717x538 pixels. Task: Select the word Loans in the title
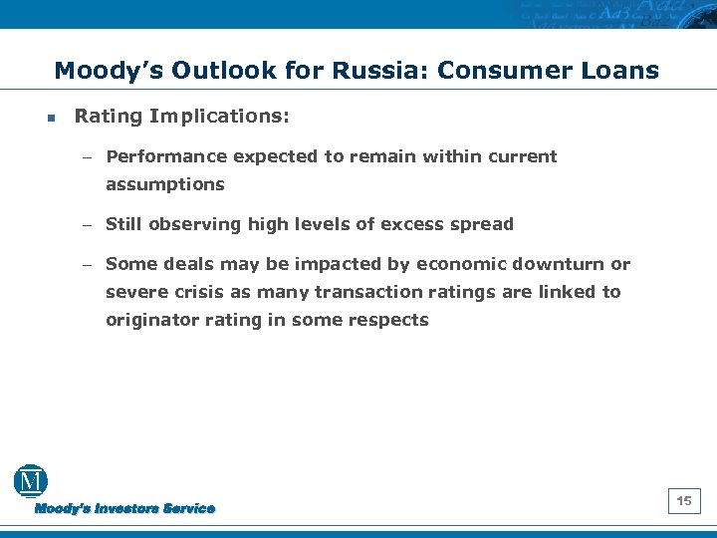(x=621, y=71)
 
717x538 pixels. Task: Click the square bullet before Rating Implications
(x=50, y=118)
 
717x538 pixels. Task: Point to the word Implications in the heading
(x=219, y=117)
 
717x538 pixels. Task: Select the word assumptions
(x=165, y=184)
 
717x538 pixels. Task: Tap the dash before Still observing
(x=87, y=225)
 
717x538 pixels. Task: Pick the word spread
(x=483, y=224)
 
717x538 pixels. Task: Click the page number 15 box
(x=684, y=501)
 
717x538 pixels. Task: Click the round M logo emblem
(x=31, y=482)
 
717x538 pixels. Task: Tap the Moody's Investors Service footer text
(x=125, y=508)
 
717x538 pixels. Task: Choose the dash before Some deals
(x=87, y=265)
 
